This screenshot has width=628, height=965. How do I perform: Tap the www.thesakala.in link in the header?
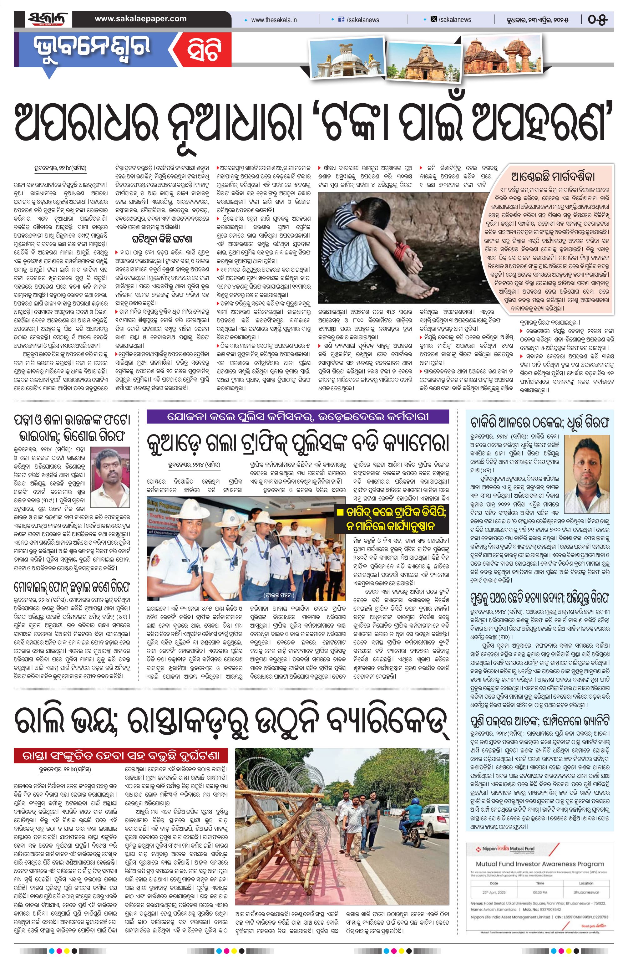274,20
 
